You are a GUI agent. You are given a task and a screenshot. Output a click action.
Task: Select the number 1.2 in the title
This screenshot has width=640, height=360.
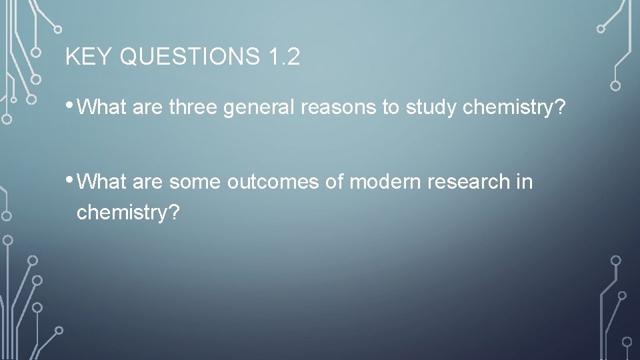[285, 57]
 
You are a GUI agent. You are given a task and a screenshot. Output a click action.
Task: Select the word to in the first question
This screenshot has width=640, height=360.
[390, 107]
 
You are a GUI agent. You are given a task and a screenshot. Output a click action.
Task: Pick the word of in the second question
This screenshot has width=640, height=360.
[335, 182]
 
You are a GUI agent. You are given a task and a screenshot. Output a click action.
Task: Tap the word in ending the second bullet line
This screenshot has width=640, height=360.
[525, 182]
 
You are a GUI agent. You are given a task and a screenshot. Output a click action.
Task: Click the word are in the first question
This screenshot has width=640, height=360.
[148, 107]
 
